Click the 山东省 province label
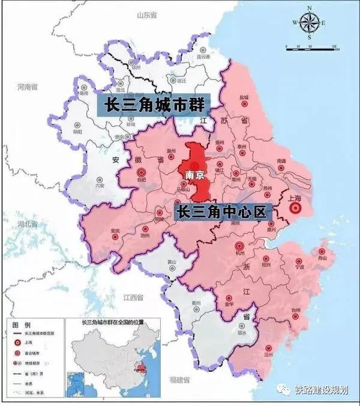click(146, 14)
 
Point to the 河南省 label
click(28, 86)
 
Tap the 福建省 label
click(179, 380)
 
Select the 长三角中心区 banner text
click(223, 212)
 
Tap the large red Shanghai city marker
click(295, 208)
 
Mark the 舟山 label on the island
click(322, 258)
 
